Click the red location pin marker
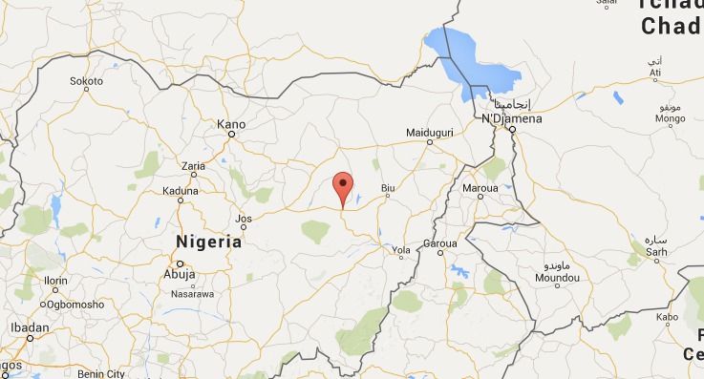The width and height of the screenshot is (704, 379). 343,186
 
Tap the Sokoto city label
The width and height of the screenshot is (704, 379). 86,81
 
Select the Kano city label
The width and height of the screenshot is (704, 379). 231,124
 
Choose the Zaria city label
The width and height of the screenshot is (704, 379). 193,166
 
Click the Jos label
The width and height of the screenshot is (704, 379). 244,219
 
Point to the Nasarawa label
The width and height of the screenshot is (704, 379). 191,294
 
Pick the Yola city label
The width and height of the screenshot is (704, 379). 400,252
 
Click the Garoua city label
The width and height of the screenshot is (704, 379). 440,243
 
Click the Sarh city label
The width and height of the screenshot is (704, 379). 655,252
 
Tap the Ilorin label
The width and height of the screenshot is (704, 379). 56,280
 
